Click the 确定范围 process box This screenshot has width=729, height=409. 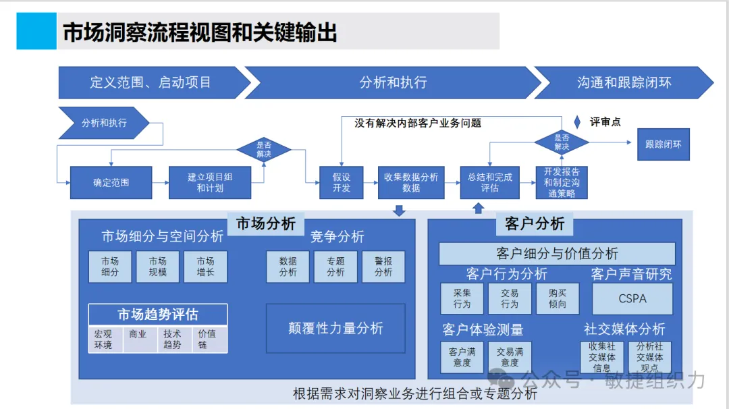[x=111, y=182]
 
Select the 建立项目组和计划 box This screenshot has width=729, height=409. [x=209, y=182]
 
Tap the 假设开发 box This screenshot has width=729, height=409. [x=342, y=182]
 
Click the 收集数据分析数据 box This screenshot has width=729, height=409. [x=411, y=182]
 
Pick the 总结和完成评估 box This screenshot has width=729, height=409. [x=490, y=182]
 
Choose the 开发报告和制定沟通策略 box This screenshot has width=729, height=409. [x=562, y=182]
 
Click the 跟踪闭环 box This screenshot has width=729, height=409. [x=663, y=144]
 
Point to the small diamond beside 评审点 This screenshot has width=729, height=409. [x=577, y=122]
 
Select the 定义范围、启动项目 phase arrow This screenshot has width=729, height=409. [x=151, y=82]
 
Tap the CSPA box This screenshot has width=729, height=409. [x=632, y=298]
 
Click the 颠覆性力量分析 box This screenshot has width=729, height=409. [x=335, y=328]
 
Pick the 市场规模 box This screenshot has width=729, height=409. [x=158, y=267]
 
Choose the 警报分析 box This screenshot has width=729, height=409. [x=383, y=267]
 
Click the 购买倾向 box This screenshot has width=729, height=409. [x=558, y=298]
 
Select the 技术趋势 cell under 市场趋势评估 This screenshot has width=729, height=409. [x=172, y=339]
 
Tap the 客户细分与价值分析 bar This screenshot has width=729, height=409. [x=557, y=254]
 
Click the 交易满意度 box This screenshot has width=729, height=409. [x=510, y=357]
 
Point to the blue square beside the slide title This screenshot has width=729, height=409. [x=36, y=31]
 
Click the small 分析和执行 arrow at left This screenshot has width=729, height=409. [x=103, y=123]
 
